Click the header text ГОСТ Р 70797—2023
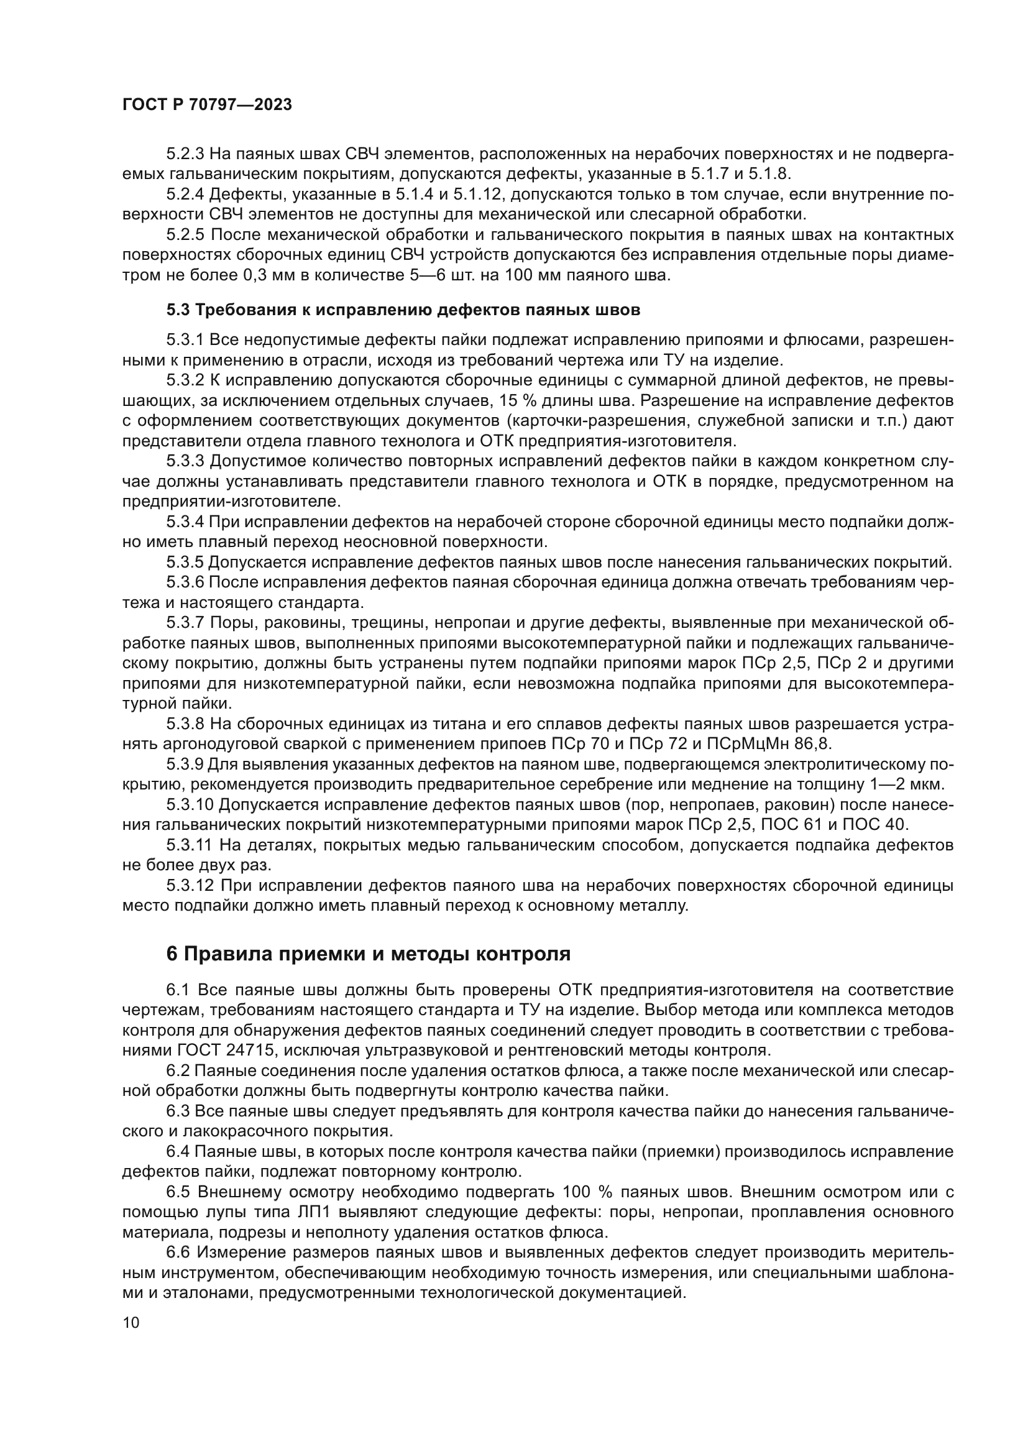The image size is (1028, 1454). coord(207,105)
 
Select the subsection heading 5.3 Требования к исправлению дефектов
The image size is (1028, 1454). coord(403,310)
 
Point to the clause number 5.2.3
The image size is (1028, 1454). coord(185,154)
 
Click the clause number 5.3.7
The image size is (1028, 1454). coord(185,623)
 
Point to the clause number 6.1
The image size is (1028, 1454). coord(178,990)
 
